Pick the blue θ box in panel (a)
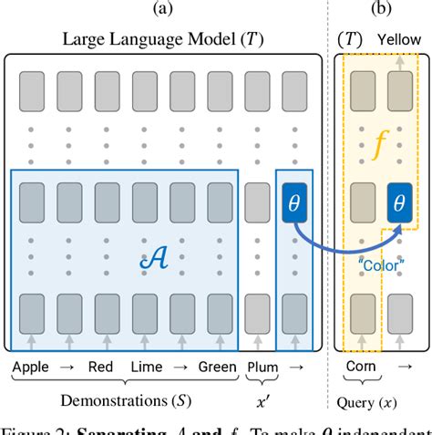tap(293, 201)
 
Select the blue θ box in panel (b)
tap(398, 201)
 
